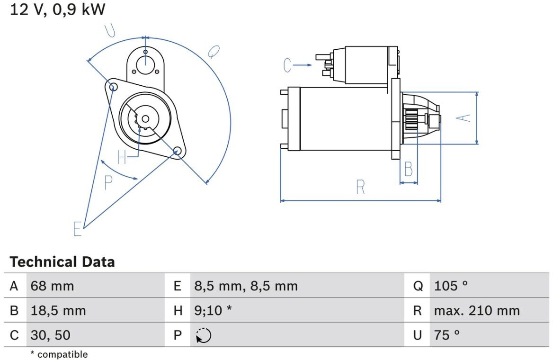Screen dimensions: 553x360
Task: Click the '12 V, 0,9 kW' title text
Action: click(x=57, y=9)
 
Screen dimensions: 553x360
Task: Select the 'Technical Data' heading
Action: click(x=62, y=262)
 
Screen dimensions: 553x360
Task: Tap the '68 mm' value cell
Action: click(x=52, y=286)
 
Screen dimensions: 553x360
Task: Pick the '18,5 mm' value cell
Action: click(x=58, y=311)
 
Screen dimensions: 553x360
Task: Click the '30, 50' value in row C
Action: click(x=51, y=335)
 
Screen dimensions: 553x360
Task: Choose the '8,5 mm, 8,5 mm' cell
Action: click(x=246, y=286)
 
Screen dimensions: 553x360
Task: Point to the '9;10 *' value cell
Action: click(x=213, y=311)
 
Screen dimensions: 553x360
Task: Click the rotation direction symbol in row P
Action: click(x=204, y=335)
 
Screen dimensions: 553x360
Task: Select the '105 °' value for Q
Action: click(x=451, y=286)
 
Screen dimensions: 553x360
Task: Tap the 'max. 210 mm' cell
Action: click(x=477, y=311)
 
